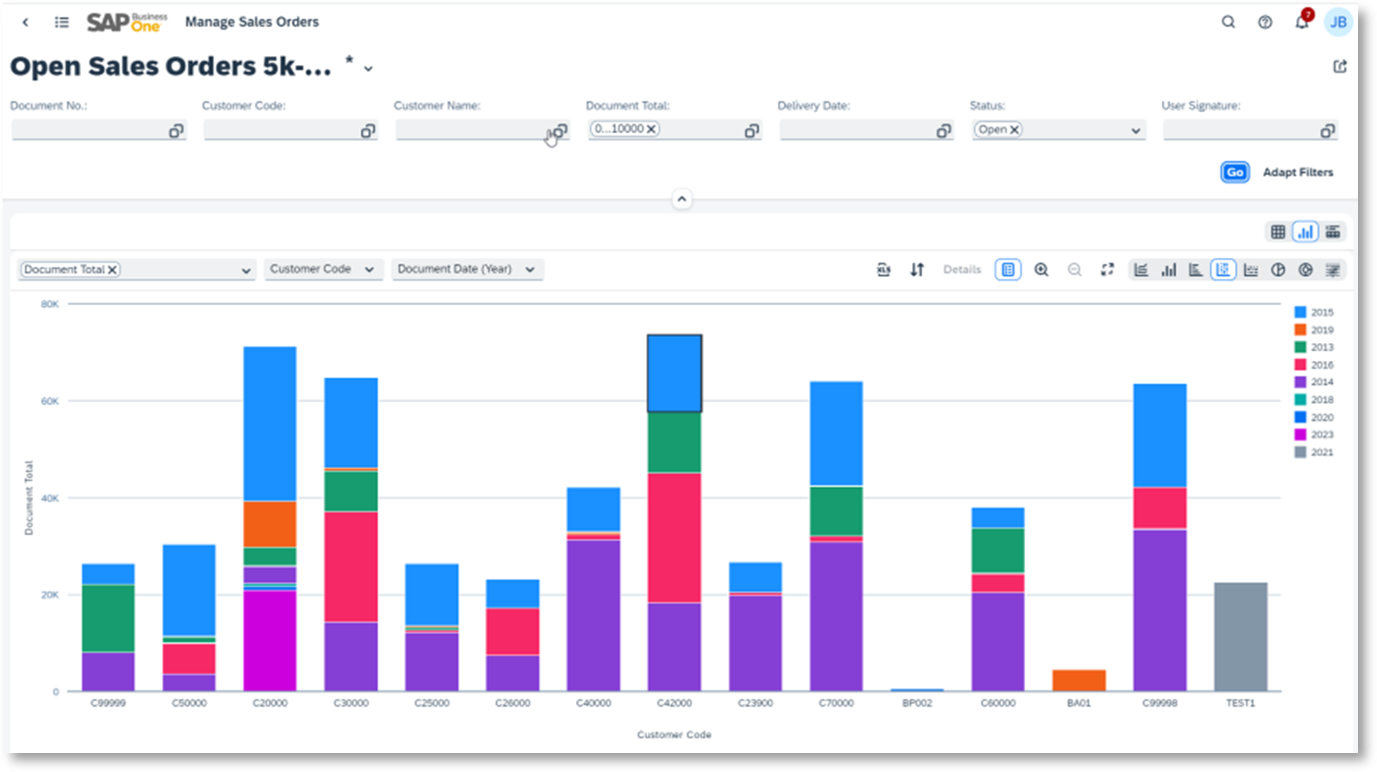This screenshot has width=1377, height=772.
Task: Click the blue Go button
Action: coord(1234,172)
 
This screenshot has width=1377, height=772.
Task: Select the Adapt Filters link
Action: coord(1297,172)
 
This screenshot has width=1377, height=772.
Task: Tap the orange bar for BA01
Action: coord(1078,681)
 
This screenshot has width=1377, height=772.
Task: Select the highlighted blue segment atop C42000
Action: coord(674,374)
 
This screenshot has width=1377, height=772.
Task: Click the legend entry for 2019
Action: coord(1314,330)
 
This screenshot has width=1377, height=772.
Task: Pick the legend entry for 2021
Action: coord(1314,453)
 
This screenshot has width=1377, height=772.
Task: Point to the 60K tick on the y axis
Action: coord(50,401)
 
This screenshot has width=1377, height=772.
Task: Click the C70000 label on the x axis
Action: coord(836,703)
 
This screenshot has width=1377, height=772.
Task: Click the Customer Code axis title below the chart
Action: coord(674,735)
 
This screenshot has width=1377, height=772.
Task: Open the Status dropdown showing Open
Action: coord(1135,130)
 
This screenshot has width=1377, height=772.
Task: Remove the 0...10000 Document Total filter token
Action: coord(651,129)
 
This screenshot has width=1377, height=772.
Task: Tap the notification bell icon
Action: coord(1301,23)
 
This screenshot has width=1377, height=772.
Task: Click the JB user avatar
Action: coord(1338,23)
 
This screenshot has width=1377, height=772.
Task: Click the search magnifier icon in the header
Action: coord(1228,23)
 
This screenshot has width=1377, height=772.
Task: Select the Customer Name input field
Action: coord(470,131)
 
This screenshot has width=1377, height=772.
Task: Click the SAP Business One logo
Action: coord(127,22)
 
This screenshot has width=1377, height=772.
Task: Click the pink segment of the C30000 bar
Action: coord(351,567)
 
